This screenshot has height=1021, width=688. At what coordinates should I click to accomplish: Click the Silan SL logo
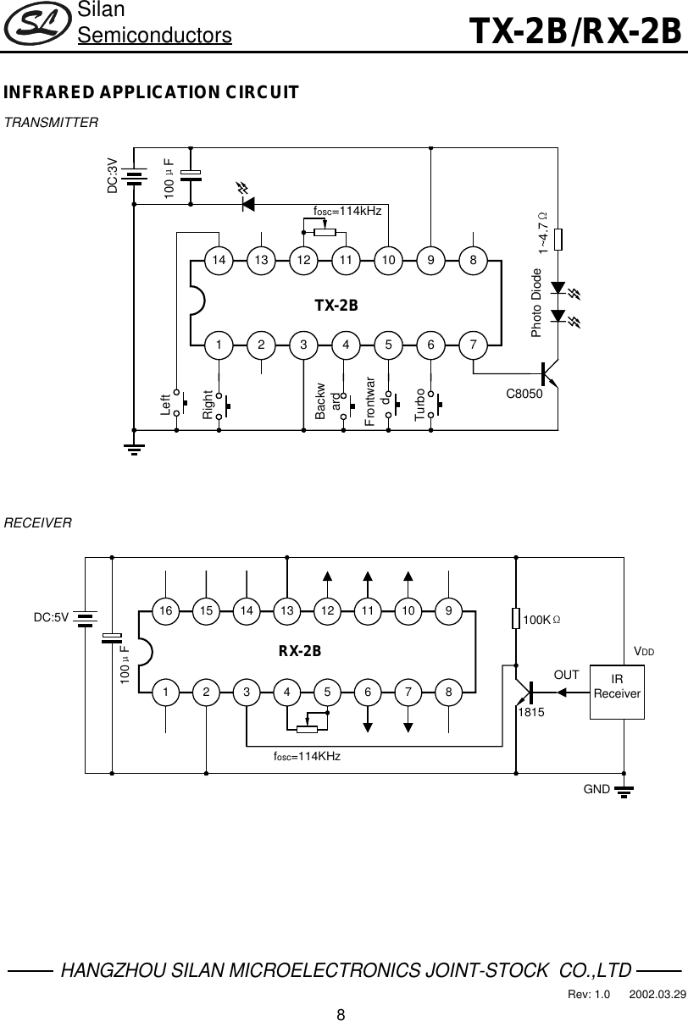point(36,25)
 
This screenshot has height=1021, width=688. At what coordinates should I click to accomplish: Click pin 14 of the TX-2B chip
point(219,261)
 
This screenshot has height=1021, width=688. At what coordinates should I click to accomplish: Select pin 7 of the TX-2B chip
point(474,345)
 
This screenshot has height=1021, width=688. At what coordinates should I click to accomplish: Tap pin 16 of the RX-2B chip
point(166,609)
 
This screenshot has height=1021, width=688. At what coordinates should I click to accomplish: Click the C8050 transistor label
point(524,393)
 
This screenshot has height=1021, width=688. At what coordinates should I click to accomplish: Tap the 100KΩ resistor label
point(541,621)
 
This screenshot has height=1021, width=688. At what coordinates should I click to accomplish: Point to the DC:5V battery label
point(51,617)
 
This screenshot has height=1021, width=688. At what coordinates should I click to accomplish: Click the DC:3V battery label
point(112,175)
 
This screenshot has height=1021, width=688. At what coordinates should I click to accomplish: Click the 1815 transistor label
point(530,714)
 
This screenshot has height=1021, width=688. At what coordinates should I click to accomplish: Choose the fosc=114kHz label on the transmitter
point(347,210)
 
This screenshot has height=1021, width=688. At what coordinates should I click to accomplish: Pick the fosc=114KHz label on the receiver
point(307,755)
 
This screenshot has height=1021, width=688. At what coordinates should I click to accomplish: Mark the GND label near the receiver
point(597,788)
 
